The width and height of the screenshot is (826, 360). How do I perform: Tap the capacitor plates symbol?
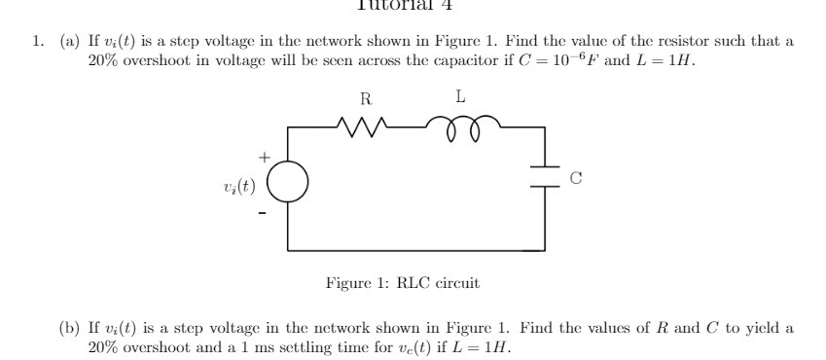(541, 178)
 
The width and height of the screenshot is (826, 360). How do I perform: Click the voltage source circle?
(288, 182)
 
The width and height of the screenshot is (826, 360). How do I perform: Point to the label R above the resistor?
(364, 98)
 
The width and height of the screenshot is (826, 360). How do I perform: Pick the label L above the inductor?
(459, 97)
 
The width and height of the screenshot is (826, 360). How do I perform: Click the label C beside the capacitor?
(575, 178)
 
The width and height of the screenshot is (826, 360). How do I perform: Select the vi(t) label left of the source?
(238, 183)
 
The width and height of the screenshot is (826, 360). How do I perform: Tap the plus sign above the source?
(261, 156)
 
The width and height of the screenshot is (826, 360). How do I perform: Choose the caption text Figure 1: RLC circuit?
(402, 283)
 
